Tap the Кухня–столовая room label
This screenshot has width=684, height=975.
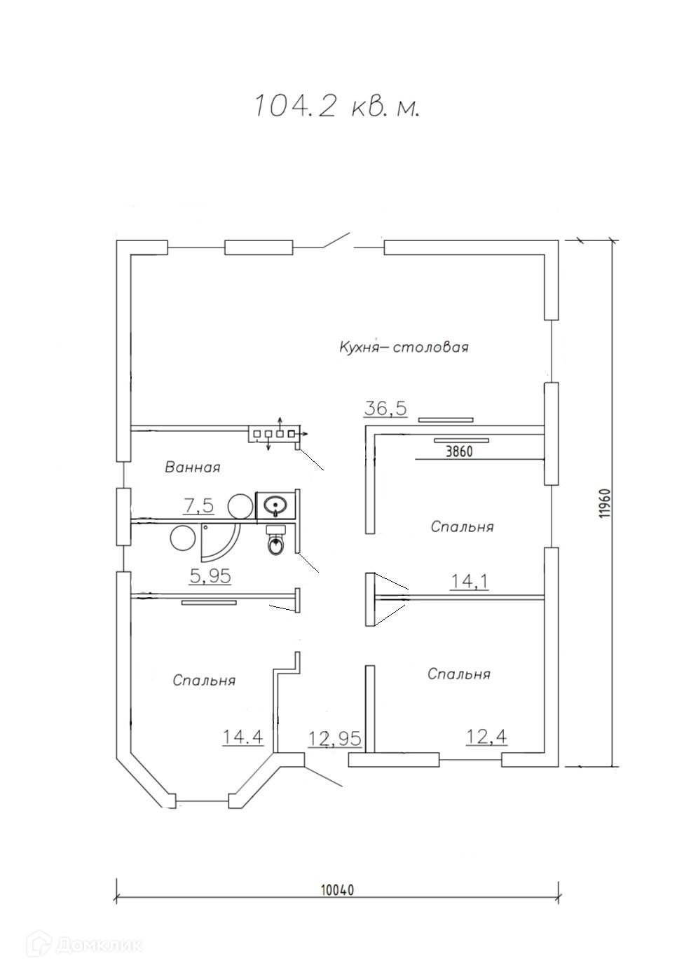(x=404, y=348)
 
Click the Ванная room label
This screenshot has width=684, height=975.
(x=192, y=468)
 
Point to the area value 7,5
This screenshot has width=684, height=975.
(x=199, y=506)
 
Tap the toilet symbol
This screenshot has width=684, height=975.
(x=275, y=540)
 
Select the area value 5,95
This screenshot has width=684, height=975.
(x=210, y=576)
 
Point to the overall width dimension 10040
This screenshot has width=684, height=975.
(x=338, y=878)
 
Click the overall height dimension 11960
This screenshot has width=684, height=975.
(x=606, y=503)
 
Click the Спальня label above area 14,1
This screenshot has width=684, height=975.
(x=462, y=527)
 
